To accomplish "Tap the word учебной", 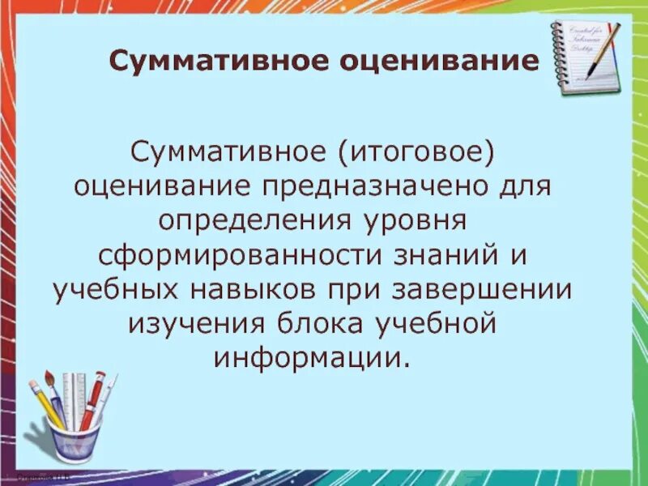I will coord(458,324).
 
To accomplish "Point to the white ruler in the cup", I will coord(74,397).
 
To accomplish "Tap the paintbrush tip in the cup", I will coord(49,376).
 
